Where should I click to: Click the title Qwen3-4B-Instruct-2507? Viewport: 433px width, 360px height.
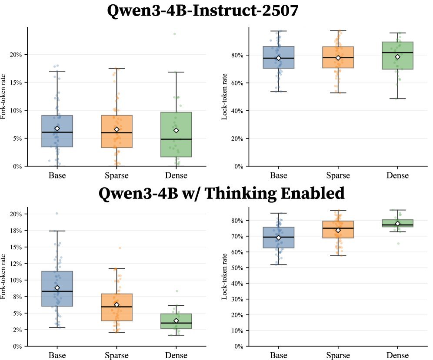click(x=203, y=10)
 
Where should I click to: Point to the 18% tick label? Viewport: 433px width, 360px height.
click(x=16, y=231)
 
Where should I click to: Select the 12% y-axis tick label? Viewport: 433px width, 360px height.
click(x=16, y=264)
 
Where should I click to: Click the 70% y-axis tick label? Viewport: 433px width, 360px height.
click(x=237, y=236)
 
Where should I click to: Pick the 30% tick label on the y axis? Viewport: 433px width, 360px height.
click(x=237, y=299)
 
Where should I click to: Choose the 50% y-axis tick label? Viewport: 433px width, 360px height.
click(x=237, y=268)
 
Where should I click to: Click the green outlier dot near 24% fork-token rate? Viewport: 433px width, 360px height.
click(x=174, y=34)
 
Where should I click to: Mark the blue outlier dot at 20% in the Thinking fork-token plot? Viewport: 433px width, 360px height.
click(x=57, y=213)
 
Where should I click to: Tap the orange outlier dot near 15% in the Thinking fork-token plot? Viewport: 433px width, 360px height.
click(x=120, y=248)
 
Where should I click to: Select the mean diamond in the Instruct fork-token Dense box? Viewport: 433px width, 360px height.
click(x=176, y=130)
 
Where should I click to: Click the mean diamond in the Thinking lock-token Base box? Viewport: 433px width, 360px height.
click(x=279, y=238)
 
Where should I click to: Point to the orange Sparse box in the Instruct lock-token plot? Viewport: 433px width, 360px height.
click(x=338, y=57)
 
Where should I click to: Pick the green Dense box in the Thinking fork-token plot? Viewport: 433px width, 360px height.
click(x=176, y=321)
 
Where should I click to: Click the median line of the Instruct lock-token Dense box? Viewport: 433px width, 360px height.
click(x=398, y=53)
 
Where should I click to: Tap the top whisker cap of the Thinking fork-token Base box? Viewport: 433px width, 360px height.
click(x=57, y=231)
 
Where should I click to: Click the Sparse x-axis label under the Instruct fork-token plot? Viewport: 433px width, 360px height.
click(x=117, y=175)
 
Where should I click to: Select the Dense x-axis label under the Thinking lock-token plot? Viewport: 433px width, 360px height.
click(x=398, y=355)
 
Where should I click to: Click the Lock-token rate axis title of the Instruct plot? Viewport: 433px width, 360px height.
click(x=224, y=96)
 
